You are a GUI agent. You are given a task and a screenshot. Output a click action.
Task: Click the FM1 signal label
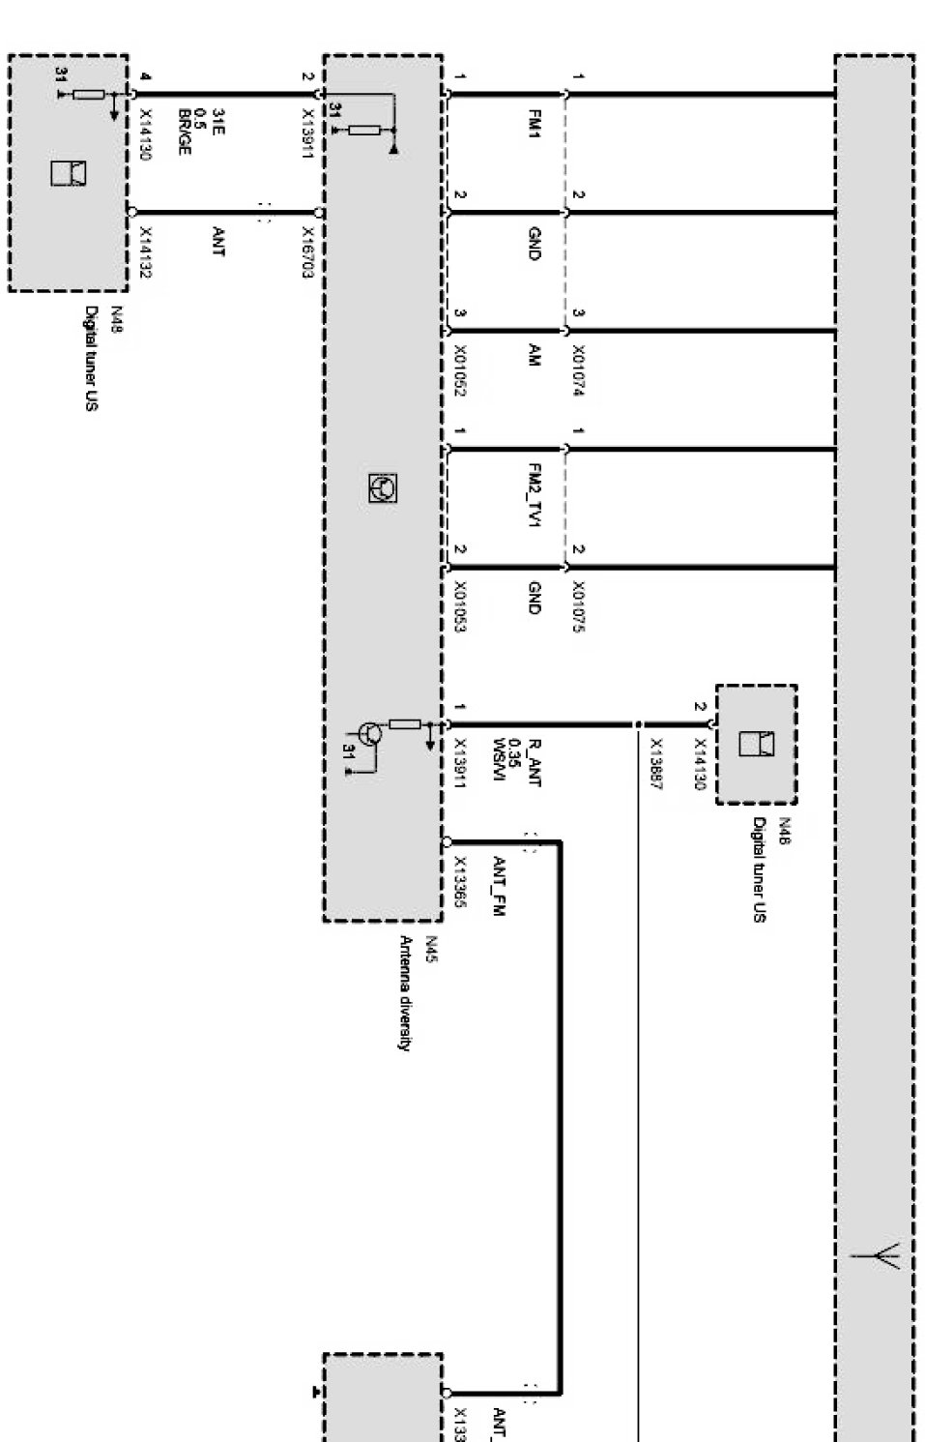point(533,123)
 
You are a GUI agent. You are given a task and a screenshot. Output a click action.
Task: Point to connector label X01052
point(460,371)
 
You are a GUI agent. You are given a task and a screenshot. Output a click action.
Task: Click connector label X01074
point(578,371)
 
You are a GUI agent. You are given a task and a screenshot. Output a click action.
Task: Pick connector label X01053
point(460,606)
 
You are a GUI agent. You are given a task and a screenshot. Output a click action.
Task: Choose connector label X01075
point(578,606)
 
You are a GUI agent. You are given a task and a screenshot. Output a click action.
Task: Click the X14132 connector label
point(146,252)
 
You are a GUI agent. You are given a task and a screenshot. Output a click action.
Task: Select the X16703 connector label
point(307,252)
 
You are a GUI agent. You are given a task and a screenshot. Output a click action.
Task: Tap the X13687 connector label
point(655,764)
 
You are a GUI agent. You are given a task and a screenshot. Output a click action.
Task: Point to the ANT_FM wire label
point(500,885)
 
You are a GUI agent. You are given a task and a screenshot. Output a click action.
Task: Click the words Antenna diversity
point(406,992)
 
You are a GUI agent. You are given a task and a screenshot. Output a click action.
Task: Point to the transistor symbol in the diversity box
point(370,734)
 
